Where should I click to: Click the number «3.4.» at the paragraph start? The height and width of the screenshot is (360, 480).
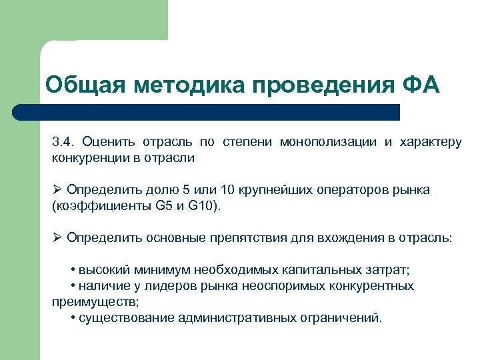click(65, 141)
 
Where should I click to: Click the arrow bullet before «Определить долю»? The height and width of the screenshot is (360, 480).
click(57, 190)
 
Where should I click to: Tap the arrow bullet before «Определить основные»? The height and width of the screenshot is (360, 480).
click(57, 237)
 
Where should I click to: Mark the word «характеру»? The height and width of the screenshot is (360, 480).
click(430, 141)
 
